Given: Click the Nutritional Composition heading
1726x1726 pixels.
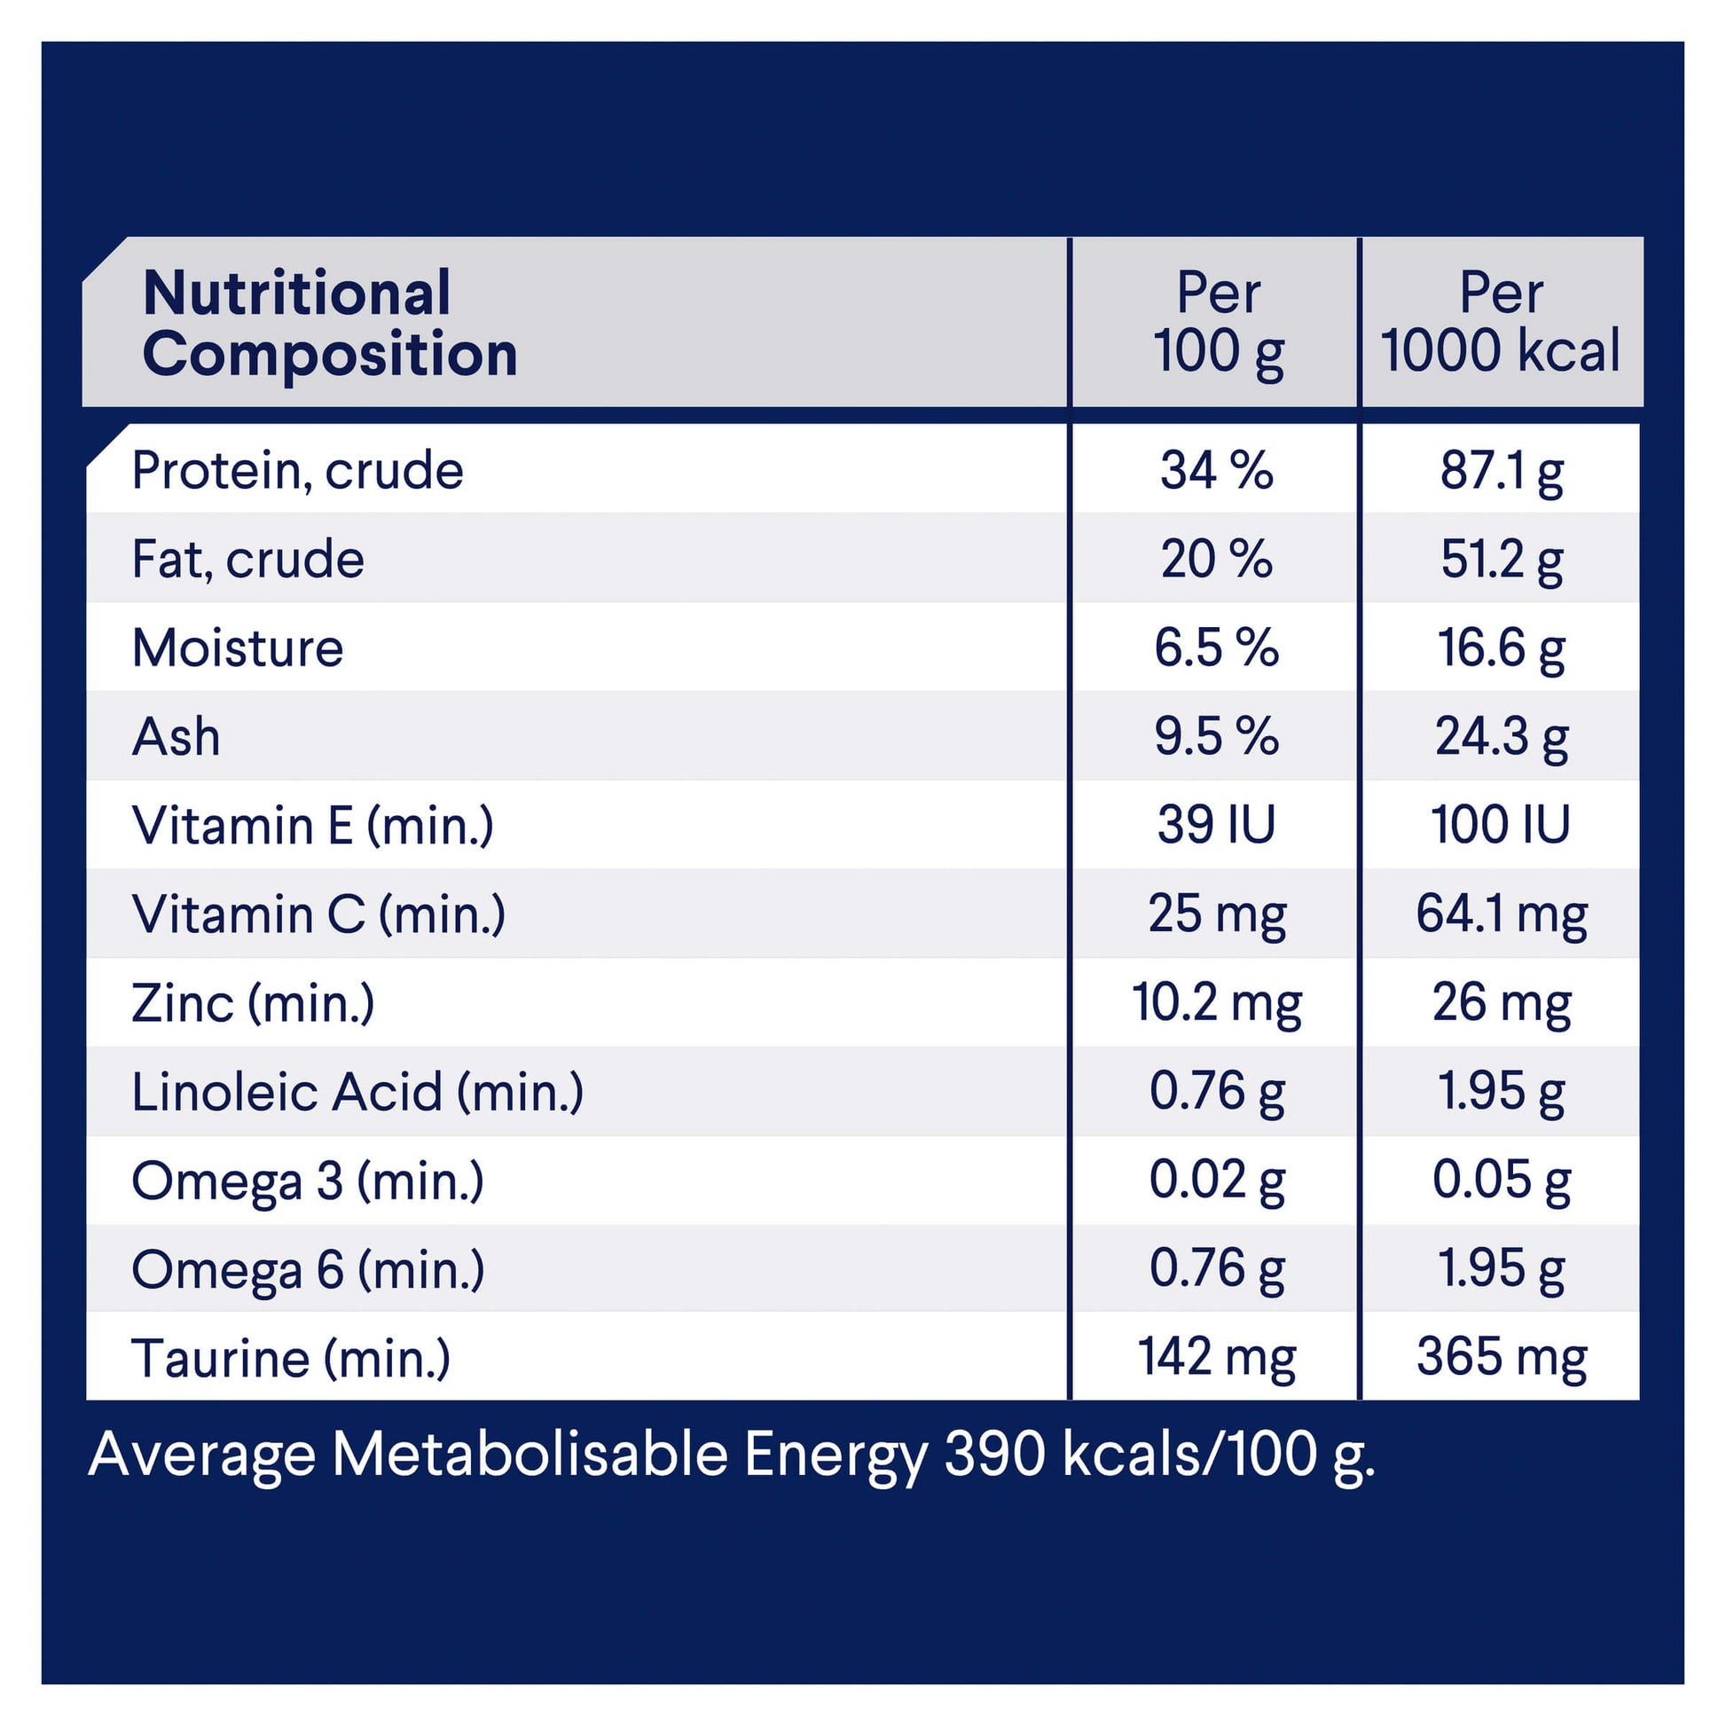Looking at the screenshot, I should pyautogui.click(x=330, y=324).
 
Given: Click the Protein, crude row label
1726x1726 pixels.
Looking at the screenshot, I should pyautogui.click(x=297, y=470).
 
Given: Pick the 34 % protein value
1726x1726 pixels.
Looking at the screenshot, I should pyautogui.click(x=1216, y=470).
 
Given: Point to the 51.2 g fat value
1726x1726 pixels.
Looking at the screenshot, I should pyautogui.click(x=1502, y=560).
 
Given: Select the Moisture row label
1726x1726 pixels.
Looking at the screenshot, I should pyautogui.click(x=238, y=647).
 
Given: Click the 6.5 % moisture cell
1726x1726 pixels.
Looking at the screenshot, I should pyautogui.click(x=1216, y=647).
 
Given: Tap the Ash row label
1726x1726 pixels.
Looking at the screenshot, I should pyautogui.click(x=176, y=737).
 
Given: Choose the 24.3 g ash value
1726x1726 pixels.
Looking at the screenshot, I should pyautogui.click(x=1502, y=737).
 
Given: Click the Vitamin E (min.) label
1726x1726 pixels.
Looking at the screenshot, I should pyautogui.click(x=313, y=826).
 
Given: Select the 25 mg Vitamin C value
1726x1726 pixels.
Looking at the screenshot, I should pyautogui.click(x=1217, y=914).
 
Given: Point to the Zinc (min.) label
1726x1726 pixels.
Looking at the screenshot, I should pyautogui.click(x=253, y=1003).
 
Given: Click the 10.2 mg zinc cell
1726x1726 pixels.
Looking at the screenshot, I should pyautogui.click(x=1217, y=1002).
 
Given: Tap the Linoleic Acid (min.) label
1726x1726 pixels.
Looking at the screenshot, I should pyautogui.click(x=357, y=1092).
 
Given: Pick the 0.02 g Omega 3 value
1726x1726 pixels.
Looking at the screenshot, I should pyautogui.click(x=1217, y=1181).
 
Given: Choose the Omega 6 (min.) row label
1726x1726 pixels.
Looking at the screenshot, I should pyautogui.click(x=309, y=1269).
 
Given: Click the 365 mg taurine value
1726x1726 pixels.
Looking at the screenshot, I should pyautogui.click(x=1502, y=1357).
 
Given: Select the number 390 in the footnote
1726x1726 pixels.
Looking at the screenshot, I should pyautogui.click(x=994, y=1455).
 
